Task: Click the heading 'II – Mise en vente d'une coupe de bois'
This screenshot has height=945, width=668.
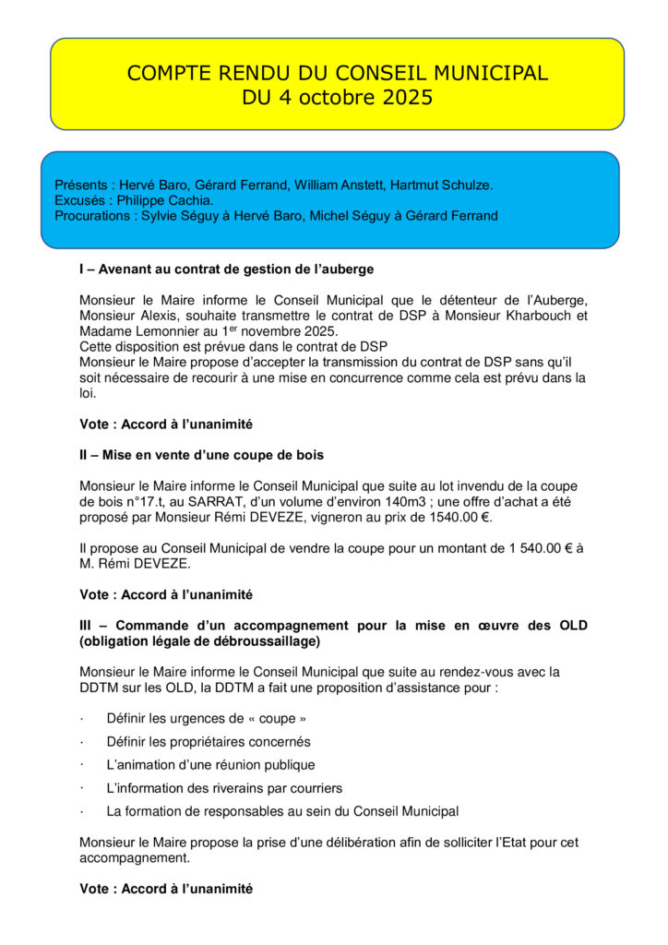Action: click(201, 455)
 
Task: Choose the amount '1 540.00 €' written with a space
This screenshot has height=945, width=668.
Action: click(539, 548)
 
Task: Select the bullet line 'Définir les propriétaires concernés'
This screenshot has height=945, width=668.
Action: click(209, 742)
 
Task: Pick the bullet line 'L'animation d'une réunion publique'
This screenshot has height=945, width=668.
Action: click(210, 765)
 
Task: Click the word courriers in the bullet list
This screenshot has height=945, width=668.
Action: click(315, 788)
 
